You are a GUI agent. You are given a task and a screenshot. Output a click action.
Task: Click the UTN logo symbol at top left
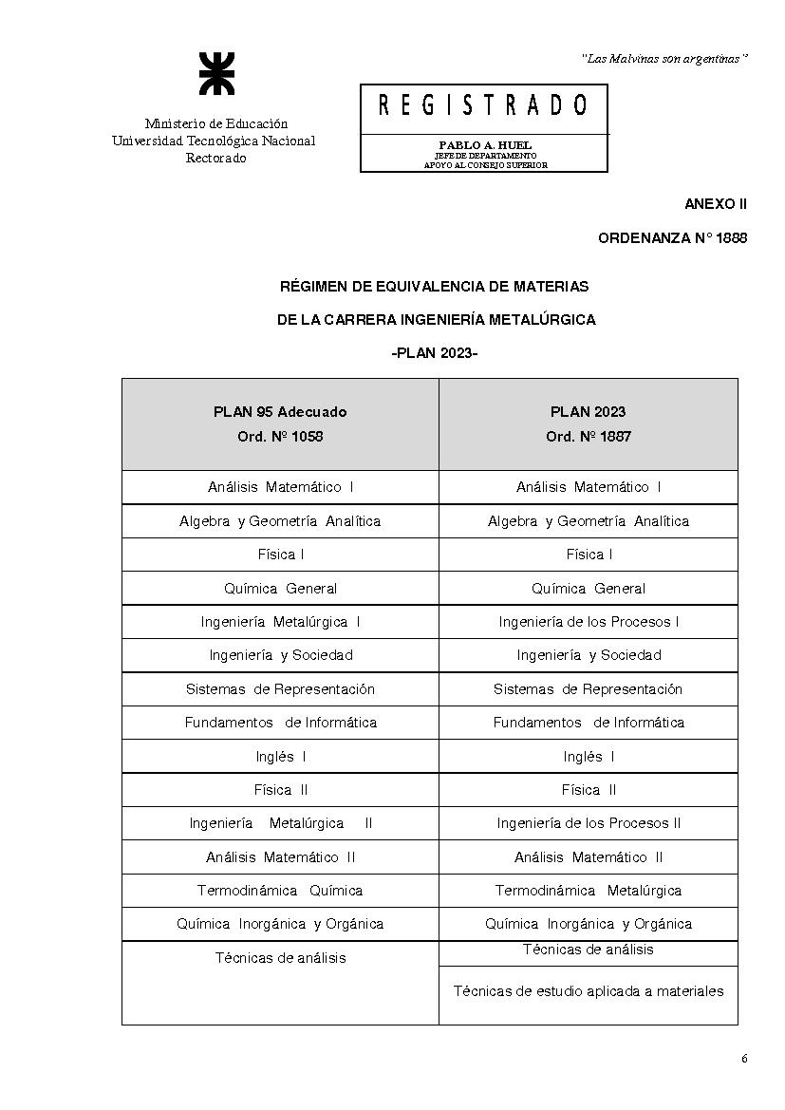pos(215,74)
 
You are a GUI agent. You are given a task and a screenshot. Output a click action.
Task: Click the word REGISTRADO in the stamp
pos(483,105)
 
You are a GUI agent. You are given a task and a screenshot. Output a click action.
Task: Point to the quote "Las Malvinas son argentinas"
pos(664,59)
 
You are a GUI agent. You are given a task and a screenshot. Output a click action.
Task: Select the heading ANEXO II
pos(716,204)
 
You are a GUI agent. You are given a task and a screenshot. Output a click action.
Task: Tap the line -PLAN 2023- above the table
pos(434,353)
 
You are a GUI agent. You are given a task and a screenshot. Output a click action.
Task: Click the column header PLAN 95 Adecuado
pos(280,412)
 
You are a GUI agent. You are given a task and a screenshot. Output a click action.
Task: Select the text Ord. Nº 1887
pos(589,437)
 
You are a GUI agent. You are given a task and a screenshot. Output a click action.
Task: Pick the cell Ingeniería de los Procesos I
pos(589,622)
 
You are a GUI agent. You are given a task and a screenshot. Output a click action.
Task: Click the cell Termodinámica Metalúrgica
pos(589,891)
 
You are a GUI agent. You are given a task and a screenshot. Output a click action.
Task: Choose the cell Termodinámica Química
pos(280,891)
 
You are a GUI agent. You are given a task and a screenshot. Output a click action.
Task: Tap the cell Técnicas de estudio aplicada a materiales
pos(589,991)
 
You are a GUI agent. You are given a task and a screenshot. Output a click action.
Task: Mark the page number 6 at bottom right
pos(744,1060)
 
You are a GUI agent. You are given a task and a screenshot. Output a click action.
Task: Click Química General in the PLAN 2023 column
pos(589,589)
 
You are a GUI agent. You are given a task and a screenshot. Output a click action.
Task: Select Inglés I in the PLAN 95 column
pos(280,757)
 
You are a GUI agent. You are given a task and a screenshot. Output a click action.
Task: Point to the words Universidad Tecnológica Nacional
pos(214,141)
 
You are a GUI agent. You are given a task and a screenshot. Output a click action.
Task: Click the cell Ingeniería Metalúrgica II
pos(280,823)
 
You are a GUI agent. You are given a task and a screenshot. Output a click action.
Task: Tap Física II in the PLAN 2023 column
pos(589,790)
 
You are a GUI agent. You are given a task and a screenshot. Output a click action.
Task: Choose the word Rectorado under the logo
pos(215,159)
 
